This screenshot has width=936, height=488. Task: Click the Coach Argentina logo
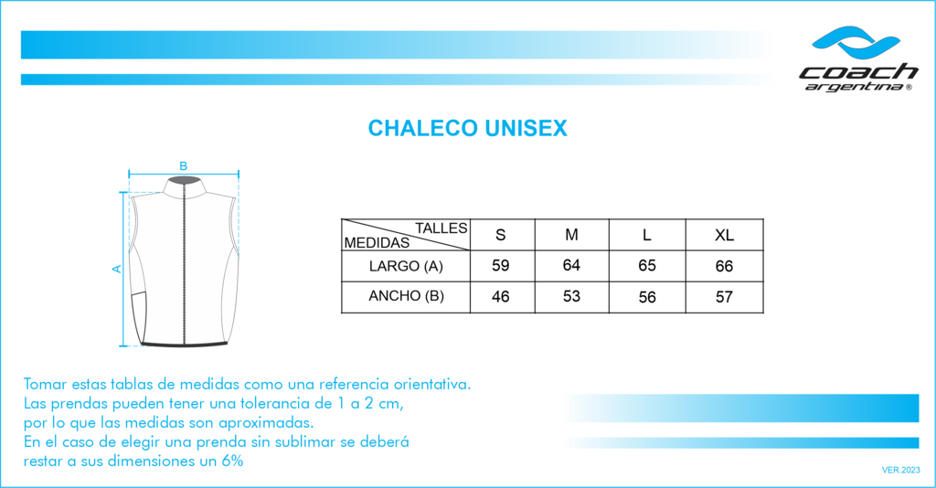tap(857, 59)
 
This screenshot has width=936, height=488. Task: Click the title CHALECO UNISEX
tap(467, 128)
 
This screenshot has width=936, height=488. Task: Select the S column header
tap(500, 235)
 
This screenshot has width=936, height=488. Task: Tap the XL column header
tap(724, 236)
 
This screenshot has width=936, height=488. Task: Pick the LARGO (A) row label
tap(406, 266)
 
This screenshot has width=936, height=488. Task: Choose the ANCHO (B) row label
tap(406, 296)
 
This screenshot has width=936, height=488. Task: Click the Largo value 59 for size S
tap(500, 266)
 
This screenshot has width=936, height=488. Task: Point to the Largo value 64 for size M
tap(571, 265)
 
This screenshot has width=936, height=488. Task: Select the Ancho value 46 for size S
tap(500, 296)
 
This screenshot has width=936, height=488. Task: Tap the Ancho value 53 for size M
tap(571, 296)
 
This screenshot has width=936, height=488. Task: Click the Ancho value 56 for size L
tap(647, 297)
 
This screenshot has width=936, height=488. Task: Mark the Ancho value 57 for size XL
tap(724, 297)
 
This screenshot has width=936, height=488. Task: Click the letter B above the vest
tap(183, 166)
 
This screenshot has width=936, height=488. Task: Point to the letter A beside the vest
tap(117, 269)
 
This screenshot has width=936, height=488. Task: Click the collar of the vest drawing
tap(185, 186)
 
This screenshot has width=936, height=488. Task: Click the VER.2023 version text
tap(900, 470)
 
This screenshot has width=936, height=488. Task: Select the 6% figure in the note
tap(232, 461)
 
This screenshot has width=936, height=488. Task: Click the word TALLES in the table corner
tap(441, 228)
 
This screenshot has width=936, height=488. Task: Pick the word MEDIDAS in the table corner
tap(377, 243)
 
